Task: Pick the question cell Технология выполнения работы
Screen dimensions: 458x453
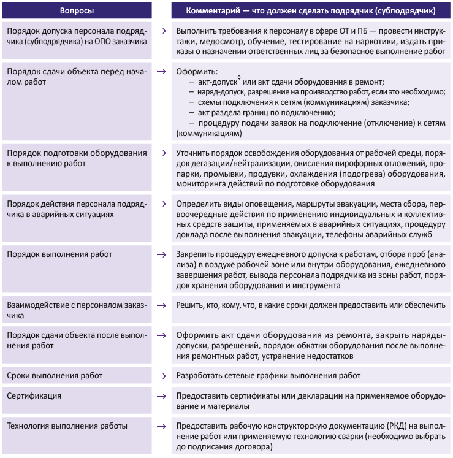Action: (67, 426)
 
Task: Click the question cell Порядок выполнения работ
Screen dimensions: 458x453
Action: (58, 254)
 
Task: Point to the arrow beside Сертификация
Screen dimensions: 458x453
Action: (161, 395)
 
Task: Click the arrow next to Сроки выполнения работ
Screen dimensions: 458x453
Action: (161, 375)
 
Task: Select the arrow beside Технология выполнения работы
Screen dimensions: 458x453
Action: (161, 426)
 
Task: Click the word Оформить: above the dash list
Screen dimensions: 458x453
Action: (192, 71)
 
